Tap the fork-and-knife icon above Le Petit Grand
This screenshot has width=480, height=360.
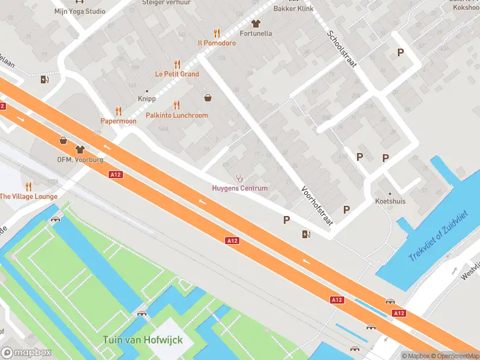coord(177,64)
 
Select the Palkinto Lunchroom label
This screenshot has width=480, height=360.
coord(177,115)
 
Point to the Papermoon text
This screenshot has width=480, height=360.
coord(118,121)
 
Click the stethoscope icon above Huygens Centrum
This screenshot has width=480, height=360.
coord(240,178)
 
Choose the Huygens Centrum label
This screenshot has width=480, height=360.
coord(240,188)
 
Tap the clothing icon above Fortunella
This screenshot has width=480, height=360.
coord(256,23)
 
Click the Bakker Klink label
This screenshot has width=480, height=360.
coord(293,10)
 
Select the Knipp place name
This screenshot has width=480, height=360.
coord(146,99)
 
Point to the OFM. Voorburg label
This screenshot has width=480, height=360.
coord(80,160)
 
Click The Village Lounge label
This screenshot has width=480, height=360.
coord(29,197)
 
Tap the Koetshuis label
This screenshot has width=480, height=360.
coord(390,202)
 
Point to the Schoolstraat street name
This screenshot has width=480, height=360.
coord(341,49)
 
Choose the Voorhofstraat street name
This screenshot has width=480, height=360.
coord(317,205)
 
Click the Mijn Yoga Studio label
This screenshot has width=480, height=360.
coord(79,11)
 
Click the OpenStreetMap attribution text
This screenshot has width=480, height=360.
coord(454,356)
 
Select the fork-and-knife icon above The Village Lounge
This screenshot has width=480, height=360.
coord(29,187)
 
